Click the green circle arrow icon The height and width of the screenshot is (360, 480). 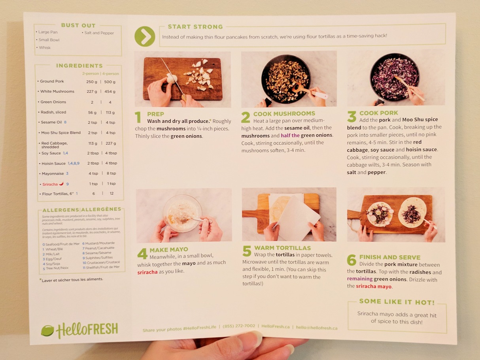coord(145,36)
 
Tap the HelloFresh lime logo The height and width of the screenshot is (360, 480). coord(47,331)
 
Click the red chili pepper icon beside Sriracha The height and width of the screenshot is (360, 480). coord(61,184)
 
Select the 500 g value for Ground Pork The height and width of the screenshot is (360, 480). coord(110,82)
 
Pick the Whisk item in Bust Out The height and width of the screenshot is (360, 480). coord(45,48)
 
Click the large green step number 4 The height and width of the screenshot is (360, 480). coord(142,254)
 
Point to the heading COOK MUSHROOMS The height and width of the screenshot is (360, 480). coord(284,113)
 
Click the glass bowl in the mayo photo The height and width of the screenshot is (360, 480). coord(182,213)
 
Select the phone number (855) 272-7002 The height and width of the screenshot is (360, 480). coord(239,326)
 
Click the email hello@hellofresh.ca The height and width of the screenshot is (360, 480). coord(317,328)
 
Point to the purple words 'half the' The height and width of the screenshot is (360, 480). coord(290,135)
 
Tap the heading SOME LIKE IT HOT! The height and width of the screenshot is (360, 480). coord(397,302)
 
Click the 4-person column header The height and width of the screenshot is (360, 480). coord(111,74)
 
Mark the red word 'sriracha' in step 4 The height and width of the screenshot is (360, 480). coord(147,272)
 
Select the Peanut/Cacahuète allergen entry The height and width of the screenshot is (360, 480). coord(98,248)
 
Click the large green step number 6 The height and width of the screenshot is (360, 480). coord(351,260)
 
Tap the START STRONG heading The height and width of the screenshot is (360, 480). coord(195,26)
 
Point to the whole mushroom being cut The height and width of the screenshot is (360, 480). coord(172,79)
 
